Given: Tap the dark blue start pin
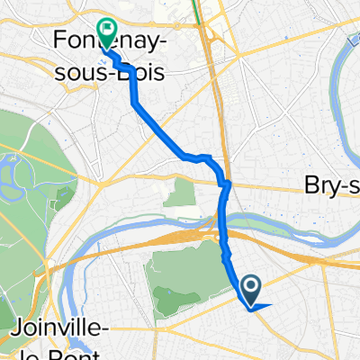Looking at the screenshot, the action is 253,289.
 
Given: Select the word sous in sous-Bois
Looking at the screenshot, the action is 89,73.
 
